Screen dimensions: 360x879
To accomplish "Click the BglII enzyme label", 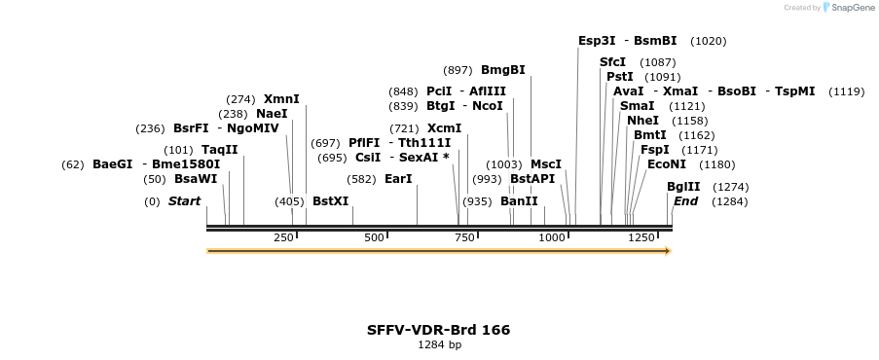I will (x=682, y=187).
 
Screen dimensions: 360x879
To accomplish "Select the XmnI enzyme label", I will (x=281, y=99).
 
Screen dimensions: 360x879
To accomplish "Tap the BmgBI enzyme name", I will (x=502, y=70).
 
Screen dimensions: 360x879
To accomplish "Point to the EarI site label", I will (x=398, y=179).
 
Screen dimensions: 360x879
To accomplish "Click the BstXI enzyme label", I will (x=330, y=201).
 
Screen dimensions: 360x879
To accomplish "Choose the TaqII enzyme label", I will (x=219, y=150).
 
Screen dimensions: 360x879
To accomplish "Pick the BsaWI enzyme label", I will (x=196, y=179).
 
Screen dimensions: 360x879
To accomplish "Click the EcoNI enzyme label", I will (x=666, y=164).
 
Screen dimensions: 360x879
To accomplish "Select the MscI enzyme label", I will (x=545, y=164).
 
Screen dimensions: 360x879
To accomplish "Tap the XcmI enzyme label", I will (x=444, y=128).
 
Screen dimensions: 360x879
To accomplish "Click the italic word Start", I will (x=184, y=201).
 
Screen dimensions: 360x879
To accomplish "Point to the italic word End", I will (x=685, y=201).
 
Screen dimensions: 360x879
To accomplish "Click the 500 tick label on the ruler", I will (x=374, y=237).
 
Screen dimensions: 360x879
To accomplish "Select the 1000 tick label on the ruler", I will (x=552, y=237).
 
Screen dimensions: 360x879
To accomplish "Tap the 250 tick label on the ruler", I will (x=283, y=237).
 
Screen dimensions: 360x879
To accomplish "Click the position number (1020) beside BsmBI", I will (x=708, y=41).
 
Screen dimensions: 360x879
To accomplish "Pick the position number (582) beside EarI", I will (x=361, y=179).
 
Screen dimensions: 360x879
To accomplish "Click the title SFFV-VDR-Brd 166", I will (x=438, y=330).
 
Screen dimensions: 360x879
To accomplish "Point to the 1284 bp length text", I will (x=439, y=344).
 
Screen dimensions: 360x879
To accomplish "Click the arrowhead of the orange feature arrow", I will (x=668, y=251).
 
